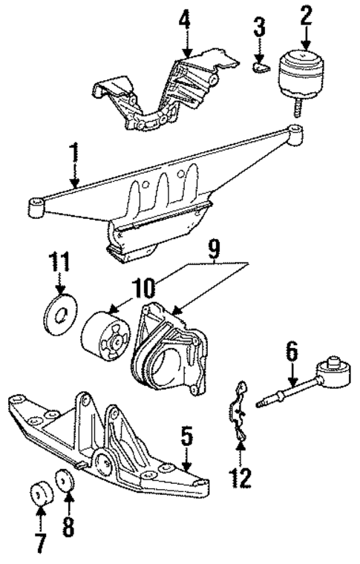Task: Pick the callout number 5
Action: coord(187,436)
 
